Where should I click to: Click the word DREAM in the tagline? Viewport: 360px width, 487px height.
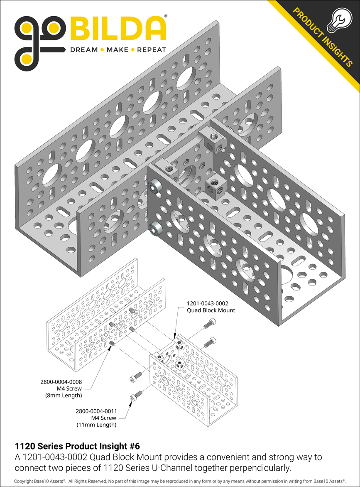83,50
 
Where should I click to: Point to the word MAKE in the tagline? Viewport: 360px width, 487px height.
117,50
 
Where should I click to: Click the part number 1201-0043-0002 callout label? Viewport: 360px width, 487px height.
207,303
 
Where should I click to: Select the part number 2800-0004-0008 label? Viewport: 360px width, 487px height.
61,381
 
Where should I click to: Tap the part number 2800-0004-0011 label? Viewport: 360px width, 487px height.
96,411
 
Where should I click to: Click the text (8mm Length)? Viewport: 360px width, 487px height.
64,395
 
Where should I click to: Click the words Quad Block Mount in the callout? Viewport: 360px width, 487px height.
211,310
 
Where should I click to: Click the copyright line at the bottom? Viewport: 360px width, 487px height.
180,481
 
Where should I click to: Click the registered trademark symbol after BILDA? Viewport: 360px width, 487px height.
166,16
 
